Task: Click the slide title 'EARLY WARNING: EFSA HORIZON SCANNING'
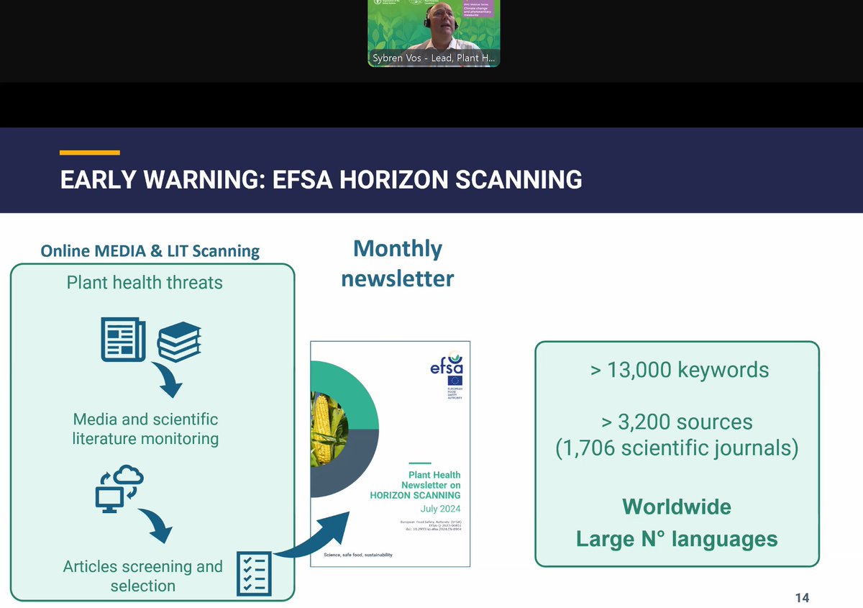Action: tap(321, 180)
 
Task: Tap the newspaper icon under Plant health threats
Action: tap(122, 340)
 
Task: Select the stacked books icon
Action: tap(179, 342)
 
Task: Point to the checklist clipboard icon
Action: tap(254, 573)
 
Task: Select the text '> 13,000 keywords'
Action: tap(680, 370)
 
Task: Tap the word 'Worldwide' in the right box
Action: tap(676, 507)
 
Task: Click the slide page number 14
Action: tap(802, 598)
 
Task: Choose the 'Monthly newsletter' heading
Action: tap(397, 263)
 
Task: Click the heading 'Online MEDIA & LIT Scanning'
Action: tap(150, 250)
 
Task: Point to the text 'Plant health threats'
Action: tap(145, 282)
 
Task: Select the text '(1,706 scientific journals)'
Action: tap(677, 448)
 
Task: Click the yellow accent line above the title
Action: tap(89, 153)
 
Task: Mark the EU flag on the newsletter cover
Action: tap(455, 381)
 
